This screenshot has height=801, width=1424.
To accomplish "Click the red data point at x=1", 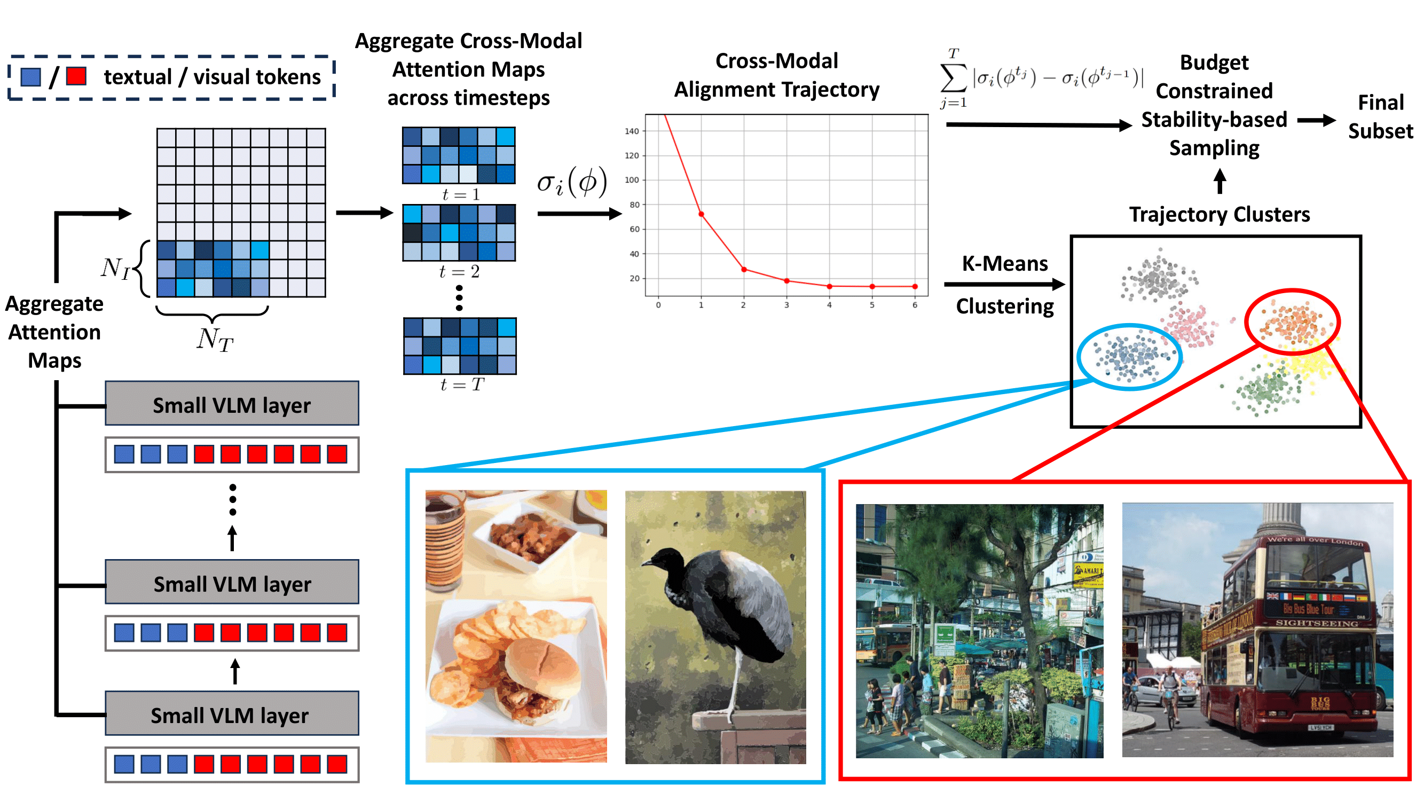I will [701, 214].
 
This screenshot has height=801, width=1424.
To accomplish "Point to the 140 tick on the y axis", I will [631, 131].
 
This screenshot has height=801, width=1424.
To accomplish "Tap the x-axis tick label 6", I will [914, 304].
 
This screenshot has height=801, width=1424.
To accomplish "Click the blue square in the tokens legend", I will [30, 76].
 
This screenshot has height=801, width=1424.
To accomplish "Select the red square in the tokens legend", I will [76, 76].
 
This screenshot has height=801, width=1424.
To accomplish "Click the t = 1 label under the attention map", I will [460, 194].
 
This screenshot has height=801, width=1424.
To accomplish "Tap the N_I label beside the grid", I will [115, 268].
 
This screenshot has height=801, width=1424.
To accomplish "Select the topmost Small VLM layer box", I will [232, 404].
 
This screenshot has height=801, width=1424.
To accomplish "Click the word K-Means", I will [1004, 263].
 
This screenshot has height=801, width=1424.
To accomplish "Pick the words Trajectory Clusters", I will [1219, 214].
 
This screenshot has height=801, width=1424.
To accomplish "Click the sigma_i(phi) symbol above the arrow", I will [572, 182].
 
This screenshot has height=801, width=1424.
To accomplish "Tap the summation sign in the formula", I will [953, 78].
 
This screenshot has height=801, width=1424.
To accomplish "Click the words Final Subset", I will [1380, 116].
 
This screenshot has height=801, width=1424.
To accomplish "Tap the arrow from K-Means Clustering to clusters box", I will [1004, 285].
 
